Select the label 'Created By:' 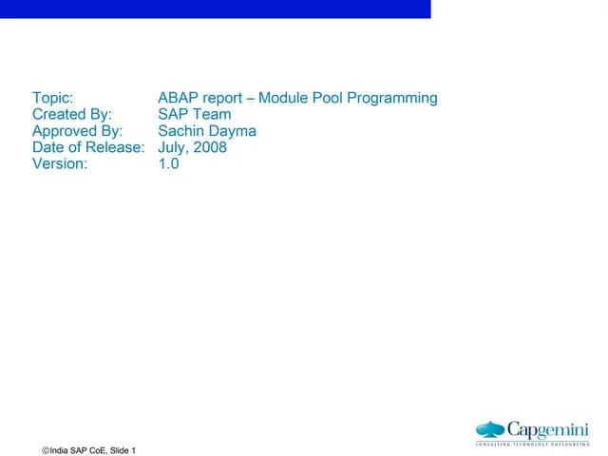(x=72, y=115)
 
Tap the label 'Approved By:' (x=77, y=131)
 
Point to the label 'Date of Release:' (x=88, y=147)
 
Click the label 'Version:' (x=60, y=163)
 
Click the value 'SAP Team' (x=195, y=115)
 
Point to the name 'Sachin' (x=184, y=131)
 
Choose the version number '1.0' (x=169, y=163)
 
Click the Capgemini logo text (x=548, y=429)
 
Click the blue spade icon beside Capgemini (x=491, y=429)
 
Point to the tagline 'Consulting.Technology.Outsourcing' (x=532, y=444)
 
